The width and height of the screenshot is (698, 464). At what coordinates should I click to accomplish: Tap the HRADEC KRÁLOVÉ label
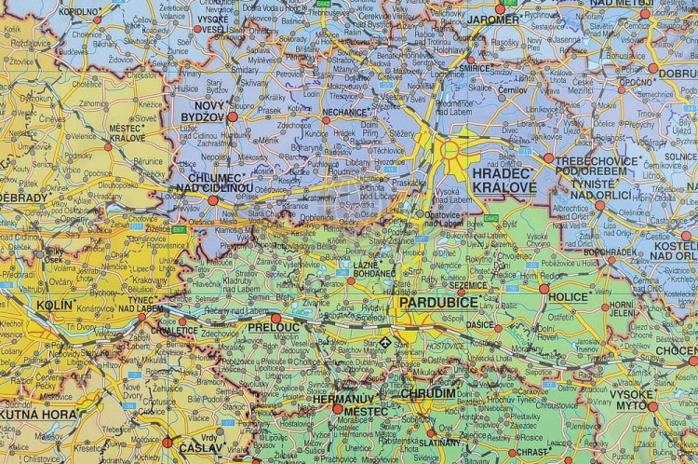503,180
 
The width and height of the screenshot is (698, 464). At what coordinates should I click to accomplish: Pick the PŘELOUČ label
274,329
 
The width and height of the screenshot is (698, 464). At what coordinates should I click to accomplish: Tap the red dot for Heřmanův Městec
337,407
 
